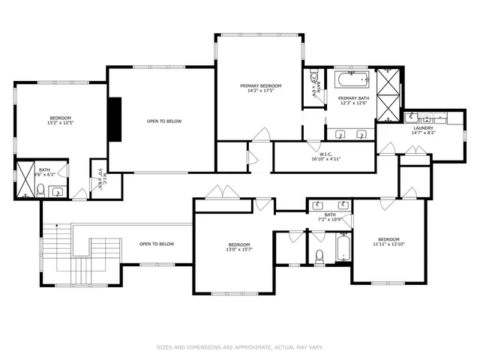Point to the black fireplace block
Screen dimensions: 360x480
click(115, 119)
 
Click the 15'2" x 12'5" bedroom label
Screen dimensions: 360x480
click(60, 121)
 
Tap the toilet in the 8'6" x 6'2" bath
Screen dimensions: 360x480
click(42, 193)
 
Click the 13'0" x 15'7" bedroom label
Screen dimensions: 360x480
click(239, 247)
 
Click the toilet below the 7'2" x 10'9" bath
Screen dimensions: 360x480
click(319, 257)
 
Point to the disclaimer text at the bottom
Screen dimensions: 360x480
click(239, 347)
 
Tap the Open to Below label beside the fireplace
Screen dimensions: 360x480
click(163, 121)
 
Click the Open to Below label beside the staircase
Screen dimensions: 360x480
click(157, 244)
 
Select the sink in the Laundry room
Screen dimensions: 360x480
click(412, 118)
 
